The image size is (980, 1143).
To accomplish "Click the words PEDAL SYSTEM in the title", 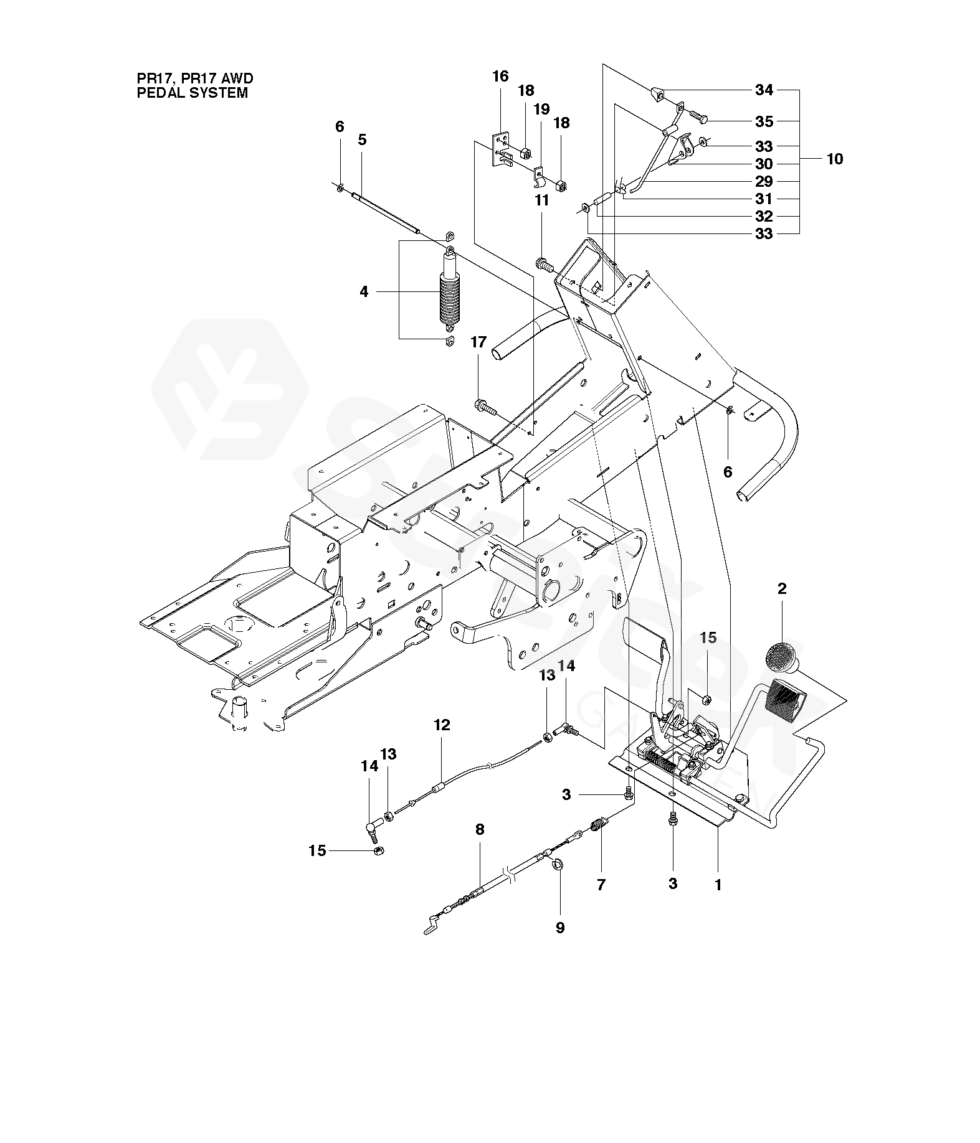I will click(x=192, y=93).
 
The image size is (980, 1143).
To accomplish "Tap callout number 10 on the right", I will click(x=834, y=159).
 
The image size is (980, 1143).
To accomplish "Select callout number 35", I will click(x=764, y=121).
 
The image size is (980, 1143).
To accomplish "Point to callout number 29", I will click(x=764, y=181).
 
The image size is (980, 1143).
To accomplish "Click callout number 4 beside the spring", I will click(x=364, y=291).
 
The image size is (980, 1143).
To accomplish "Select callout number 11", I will click(x=541, y=200).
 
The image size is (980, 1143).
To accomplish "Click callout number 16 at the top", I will click(x=500, y=77).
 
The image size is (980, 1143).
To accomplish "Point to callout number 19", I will click(x=541, y=110).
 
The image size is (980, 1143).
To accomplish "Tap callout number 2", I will click(x=781, y=588).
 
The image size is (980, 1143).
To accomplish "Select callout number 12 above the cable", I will click(x=442, y=725).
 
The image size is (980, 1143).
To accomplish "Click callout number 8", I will click(x=479, y=829).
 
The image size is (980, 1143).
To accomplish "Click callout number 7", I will click(x=601, y=884).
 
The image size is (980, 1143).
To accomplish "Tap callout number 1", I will click(x=718, y=884).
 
